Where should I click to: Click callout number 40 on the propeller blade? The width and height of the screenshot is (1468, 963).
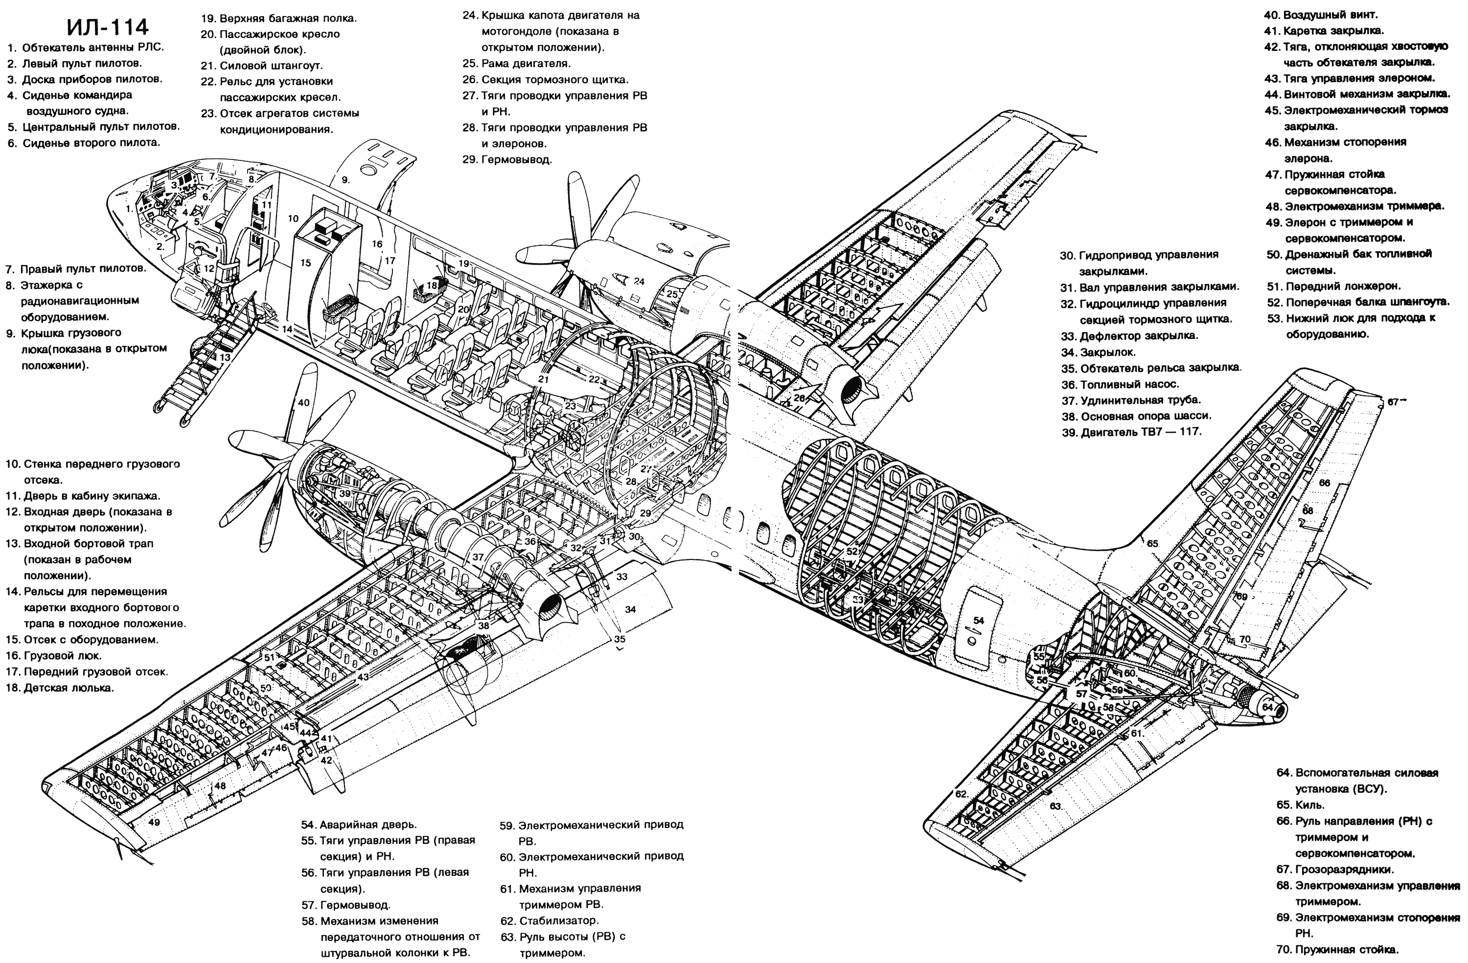coord(303,403)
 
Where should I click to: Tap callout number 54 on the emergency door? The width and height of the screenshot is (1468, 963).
coord(979,620)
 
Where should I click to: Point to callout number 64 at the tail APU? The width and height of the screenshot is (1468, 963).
coord(1267,707)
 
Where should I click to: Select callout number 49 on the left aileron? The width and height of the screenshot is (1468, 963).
coord(154,822)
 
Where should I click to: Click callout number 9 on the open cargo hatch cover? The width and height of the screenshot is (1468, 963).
coord(345,179)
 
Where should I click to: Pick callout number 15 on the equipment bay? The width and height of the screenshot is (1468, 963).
coord(305,263)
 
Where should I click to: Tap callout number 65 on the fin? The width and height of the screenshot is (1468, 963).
coord(1152,544)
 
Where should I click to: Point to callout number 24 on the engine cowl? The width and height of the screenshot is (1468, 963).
coord(639,281)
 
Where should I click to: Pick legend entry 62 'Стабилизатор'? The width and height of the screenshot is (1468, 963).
coord(549,920)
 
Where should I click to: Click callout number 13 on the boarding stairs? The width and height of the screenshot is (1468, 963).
coord(225,358)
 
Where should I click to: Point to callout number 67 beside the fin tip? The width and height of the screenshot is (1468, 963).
coord(1393,402)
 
